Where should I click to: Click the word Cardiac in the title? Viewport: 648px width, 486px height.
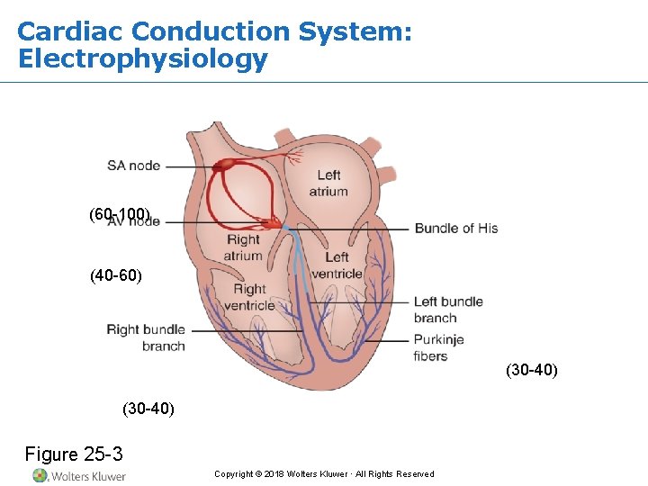pos(70,31)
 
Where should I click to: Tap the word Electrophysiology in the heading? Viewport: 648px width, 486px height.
pos(142,59)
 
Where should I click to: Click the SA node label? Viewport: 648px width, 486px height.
pos(133,166)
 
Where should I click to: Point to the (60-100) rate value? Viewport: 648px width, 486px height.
pos(120,214)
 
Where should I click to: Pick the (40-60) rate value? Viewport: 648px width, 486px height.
pos(116,275)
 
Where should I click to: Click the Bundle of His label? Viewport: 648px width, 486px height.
pos(455,229)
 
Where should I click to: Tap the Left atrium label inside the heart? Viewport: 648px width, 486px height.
pos(328,183)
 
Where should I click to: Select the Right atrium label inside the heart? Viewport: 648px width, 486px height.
pos(243,247)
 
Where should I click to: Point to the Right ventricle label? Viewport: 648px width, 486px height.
pos(249,297)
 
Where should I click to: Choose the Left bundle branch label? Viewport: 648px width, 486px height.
pos(447,310)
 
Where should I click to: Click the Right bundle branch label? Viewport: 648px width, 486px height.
pos(146,337)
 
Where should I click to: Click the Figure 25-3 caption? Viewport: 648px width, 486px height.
pos(74,454)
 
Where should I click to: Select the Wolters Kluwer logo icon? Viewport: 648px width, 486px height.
pos(40,475)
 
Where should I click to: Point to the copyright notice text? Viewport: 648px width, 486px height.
pos(324,474)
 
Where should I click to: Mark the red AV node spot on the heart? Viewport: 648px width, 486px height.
pos(270,221)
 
